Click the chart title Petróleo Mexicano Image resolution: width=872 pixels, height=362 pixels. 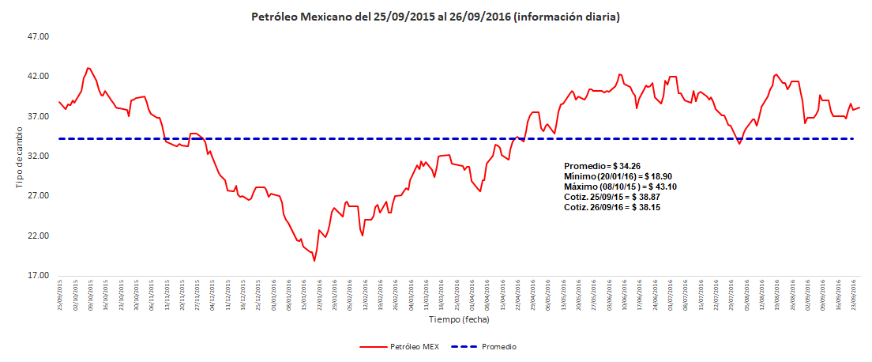tap(435, 16)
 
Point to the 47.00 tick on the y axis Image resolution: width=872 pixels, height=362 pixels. tap(39, 36)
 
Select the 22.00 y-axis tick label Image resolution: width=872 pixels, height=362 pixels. tap(39, 236)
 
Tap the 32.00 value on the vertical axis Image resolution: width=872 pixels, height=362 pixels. tap(39, 156)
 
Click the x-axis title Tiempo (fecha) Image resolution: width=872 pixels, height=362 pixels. tap(459, 320)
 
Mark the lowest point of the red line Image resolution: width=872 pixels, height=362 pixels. tap(314, 261)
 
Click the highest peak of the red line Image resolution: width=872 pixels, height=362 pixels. tap(88, 68)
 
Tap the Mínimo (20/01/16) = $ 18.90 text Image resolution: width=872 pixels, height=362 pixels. tap(618, 176)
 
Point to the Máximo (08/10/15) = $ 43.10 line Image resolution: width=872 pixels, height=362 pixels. tap(620, 187)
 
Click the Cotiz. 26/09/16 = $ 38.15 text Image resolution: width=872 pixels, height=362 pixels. tap(612, 207)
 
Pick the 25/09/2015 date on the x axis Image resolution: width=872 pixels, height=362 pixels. tap(60, 293)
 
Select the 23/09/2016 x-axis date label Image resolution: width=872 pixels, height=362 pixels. tap(855, 293)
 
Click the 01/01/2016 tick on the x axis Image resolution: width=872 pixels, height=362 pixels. tap(273, 293)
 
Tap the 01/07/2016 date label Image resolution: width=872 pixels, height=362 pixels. tap(671, 293)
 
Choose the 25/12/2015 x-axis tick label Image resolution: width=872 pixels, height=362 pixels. tap(258, 293)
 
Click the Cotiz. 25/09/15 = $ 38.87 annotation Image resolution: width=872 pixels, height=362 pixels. tap(612, 197)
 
